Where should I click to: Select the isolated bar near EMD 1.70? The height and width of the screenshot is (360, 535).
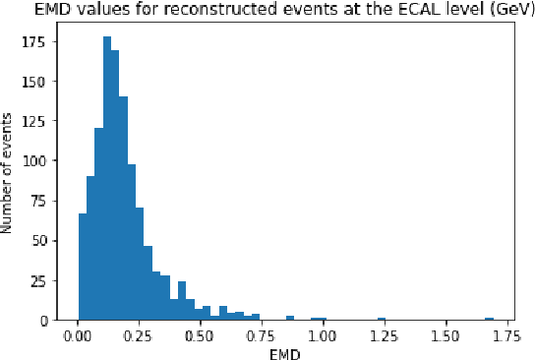pyautogui.click(x=489, y=319)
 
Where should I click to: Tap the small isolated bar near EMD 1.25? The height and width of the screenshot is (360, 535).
pyautogui.click(x=381, y=319)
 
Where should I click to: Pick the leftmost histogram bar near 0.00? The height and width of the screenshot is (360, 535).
pyautogui.click(x=83, y=267)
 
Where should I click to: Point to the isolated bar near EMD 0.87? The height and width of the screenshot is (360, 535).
pyautogui.click(x=290, y=318)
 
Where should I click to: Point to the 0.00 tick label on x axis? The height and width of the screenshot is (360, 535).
pyautogui.click(x=79, y=336)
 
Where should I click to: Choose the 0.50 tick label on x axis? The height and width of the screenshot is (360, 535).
pyautogui.click(x=201, y=336)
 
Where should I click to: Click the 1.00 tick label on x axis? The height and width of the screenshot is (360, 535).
pyautogui.click(x=324, y=336)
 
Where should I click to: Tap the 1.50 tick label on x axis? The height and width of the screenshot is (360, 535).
pyautogui.click(x=446, y=336)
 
